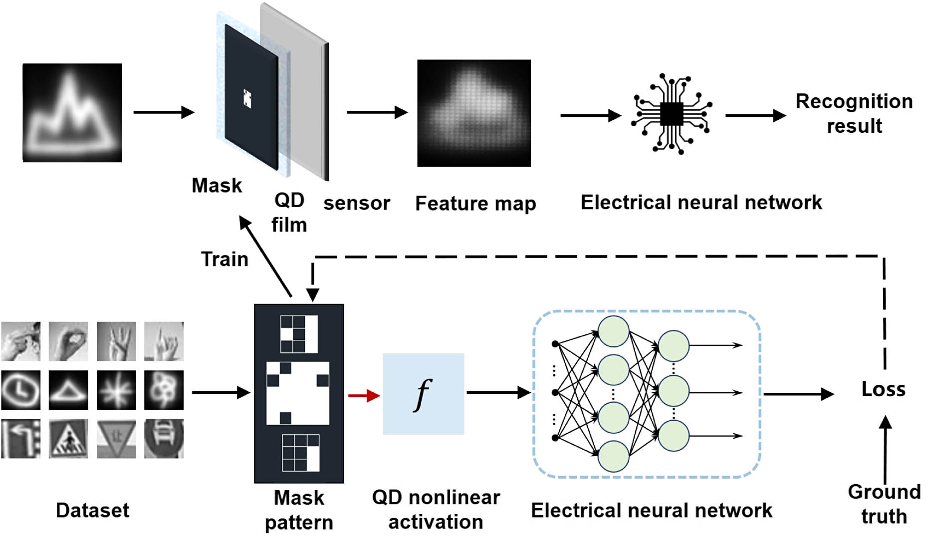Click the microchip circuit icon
[672, 114]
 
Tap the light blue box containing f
[423, 394]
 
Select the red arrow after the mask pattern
[364, 396]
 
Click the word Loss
[883, 389]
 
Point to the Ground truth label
[884, 504]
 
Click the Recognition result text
[854, 114]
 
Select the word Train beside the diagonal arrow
[225, 260]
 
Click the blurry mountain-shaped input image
[72, 112]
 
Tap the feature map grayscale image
[473, 113]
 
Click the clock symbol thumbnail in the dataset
[20, 390]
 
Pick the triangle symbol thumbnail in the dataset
[68, 390]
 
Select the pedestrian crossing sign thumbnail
[68, 439]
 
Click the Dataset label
[92, 511]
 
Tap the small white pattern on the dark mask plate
[247, 98]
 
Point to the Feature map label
[475, 204]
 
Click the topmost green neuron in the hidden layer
[613, 331]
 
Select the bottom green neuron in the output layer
[674, 436]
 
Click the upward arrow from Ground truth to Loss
[885, 449]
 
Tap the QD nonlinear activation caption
[436, 510]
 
